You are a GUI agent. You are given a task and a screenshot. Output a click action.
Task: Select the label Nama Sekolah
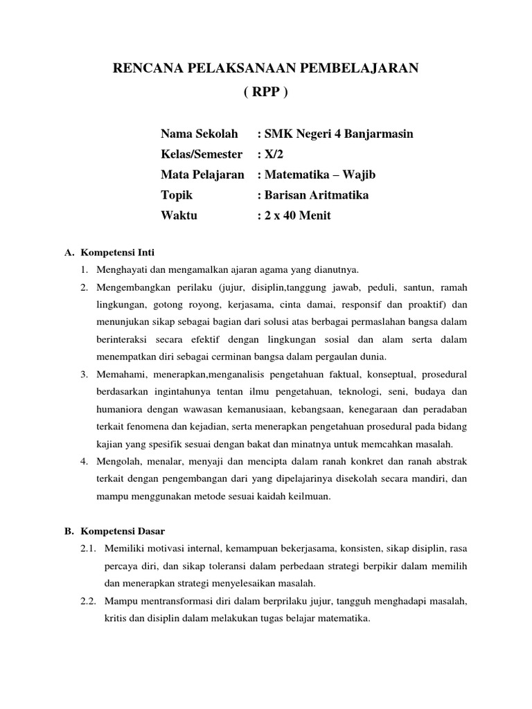tap(199, 134)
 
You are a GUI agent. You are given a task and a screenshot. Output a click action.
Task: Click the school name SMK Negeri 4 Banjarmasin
tap(335, 134)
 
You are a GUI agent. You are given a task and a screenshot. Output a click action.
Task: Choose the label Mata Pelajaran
tap(202, 174)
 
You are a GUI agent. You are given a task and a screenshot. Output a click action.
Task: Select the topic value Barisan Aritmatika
tap(312, 195)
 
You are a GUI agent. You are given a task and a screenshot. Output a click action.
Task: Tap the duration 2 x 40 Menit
tap(294, 215)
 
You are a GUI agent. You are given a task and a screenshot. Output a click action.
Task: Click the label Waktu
tap(179, 215)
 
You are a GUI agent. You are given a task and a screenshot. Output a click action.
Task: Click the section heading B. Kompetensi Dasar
tap(114, 532)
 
